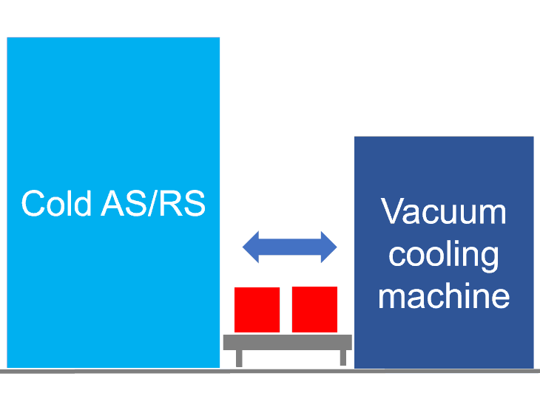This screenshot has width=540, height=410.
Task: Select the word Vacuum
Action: click(x=444, y=212)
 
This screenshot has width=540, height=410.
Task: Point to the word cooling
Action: click(x=444, y=256)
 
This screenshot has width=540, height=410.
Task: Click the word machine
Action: click(x=444, y=296)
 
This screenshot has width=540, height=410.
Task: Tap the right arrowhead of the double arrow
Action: click(x=328, y=246)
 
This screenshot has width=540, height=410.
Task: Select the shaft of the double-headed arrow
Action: click(x=290, y=246)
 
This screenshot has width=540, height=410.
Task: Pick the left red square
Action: click(x=257, y=310)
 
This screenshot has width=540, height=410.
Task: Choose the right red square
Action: click(x=314, y=310)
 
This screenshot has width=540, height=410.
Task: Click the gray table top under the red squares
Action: click(x=288, y=342)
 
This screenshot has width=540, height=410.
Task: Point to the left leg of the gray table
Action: click(x=239, y=358)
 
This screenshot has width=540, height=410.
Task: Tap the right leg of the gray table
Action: click(x=342, y=358)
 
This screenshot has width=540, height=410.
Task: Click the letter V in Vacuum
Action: click(x=394, y=212)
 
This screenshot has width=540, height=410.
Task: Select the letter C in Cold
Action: click(x=33, y=203)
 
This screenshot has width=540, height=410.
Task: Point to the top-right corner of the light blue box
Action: click(x=219, y=38)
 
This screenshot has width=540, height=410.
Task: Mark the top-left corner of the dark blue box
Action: click(x=356, y=137)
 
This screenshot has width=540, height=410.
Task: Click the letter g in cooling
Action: click(x=488, y=259)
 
